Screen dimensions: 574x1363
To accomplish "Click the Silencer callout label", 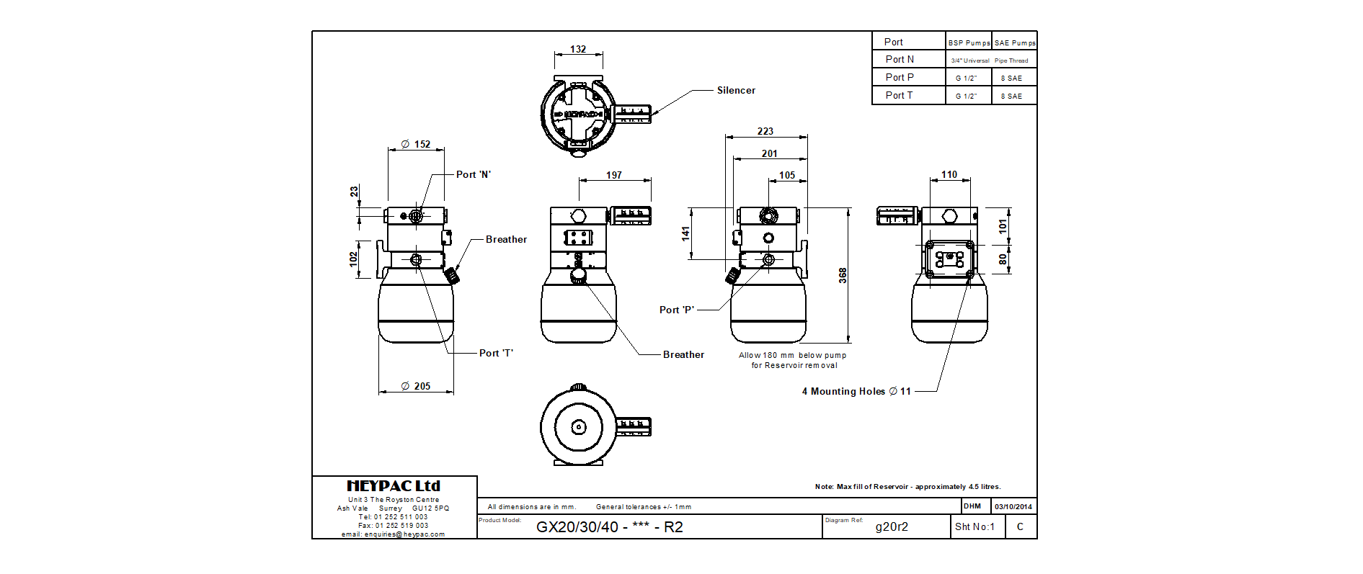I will pyautogui.click(x=736, y=90).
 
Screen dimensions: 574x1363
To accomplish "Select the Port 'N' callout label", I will pyautogui.click(x=473, y=174).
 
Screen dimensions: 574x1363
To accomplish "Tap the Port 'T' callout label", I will pyautogui.click(x=496, y=353).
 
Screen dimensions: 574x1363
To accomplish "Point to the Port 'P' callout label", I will pyautogui.click(x=676, y=310).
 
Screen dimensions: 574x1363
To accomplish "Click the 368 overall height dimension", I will pyautogui.click(x=843, y=275).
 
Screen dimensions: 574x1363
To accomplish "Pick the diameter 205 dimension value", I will pyautogui.click(x=416, y=386).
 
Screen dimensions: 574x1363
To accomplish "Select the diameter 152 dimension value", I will pyautogui.click(x=416, y=144).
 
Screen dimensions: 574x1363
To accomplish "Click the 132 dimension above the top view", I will pyautogui.click(x=578, y=49).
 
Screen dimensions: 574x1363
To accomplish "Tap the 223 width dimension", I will pyautogui.click(x=765, y=131).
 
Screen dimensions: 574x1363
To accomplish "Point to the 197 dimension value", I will pyautogui.click(x=614, y=175).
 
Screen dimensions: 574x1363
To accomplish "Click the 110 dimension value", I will pyautogui.click(x=949, y=174).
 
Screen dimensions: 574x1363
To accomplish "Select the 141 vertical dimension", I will pyautogui.click(x=685, y=233).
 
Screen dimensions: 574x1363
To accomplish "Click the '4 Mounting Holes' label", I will pyautogui.click(x=856, y=391).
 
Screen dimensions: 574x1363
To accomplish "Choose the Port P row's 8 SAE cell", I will pyautogui.click(x=1011, y=78).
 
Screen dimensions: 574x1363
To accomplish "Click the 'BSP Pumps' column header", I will pyautogui.click(x=969, y=42).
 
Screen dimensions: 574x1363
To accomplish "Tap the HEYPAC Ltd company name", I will pyautogui.click(x=394, y=486).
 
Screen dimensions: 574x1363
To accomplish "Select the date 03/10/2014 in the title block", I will pyautogui.click(x=1013, y=506).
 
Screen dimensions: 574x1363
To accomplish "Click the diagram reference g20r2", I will pyautogui.click(x=892, y=526).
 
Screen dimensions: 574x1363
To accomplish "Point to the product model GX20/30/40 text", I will pyautogui.click(x=609, y=526).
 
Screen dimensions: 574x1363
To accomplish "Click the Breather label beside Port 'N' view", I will pyautogui.click(x=506, y=239).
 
